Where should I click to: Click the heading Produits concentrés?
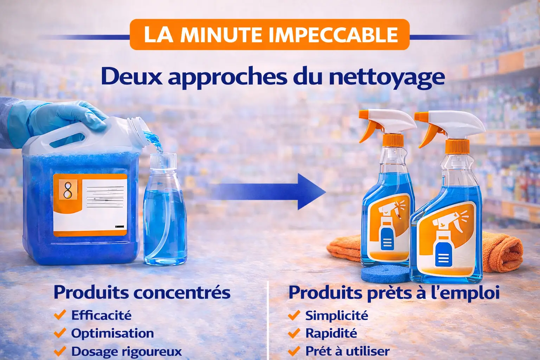coord(142,292)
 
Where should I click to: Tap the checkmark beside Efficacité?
coord(60,315)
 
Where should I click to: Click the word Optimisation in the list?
coord(112,333)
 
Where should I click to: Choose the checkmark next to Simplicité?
coord(294,315)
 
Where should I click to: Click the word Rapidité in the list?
coord(331,333)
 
